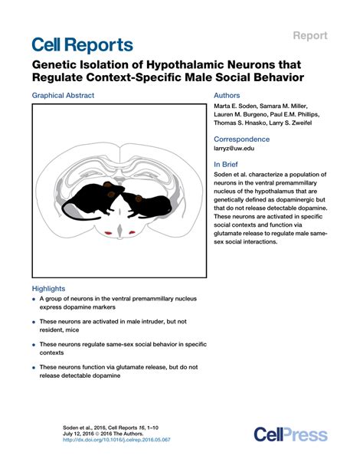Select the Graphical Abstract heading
pos(64,97)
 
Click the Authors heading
pos(227,97)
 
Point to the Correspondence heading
pos(241,139)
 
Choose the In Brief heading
pos(227,164)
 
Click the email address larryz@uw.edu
pos(234,151)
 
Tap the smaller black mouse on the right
pos(150,203)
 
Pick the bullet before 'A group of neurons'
pos(34,301)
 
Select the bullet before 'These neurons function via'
pos(34,368)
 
